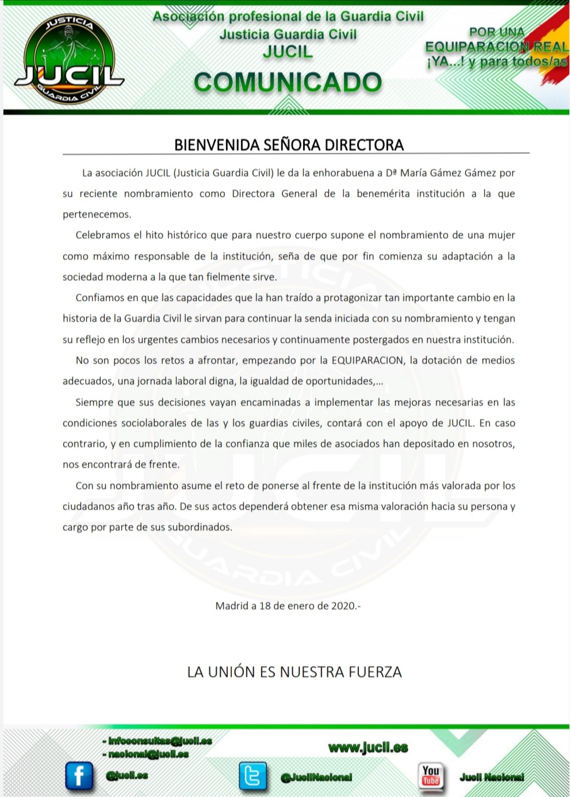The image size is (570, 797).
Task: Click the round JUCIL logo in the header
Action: (x=68, y=60)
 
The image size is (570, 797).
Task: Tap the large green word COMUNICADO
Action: (x=288, y=83)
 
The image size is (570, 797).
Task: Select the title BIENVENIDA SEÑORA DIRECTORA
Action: (x=289, y=145)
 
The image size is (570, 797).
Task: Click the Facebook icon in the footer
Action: (x=79, y=775)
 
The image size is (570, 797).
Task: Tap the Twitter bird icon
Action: (x=253, y=776)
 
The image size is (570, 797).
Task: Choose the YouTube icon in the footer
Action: (x=431, y=775)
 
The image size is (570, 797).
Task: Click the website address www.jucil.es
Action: (x=368, y=748)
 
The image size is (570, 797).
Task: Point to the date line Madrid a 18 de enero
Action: (x=288, y=606)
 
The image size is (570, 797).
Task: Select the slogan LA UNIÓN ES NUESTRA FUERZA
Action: (x=294, y=672)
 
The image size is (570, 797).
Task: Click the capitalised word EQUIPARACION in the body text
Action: (x=366, y=361)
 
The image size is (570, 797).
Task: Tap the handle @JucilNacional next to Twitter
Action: (x=316, y=777)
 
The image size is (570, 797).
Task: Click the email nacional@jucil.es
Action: (x=148, y=754)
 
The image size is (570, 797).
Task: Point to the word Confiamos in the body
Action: (x=100, y=298)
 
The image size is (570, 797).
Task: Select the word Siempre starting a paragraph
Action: (x=94, y=403)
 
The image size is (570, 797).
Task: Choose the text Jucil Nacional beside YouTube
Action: (x=492, y=777)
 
